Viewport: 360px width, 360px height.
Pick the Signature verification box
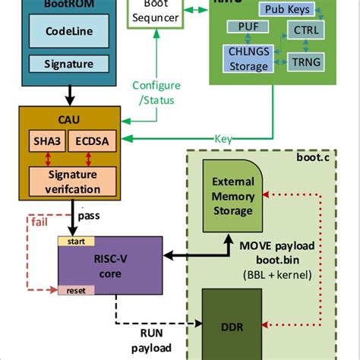[x=69, y=179]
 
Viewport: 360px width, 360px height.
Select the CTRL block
[x=303, y=31]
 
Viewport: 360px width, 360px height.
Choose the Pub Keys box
[x=286, y=9]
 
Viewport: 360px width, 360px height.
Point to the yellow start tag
[x=76, y=242]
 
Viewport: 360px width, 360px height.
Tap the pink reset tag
[x=76, y=290]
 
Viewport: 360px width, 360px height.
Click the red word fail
[x=40, y=221]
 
